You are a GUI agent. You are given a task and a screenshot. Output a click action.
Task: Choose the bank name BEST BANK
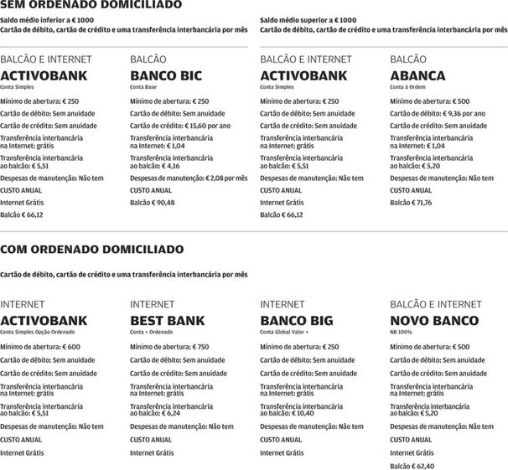click(x=168, y=320)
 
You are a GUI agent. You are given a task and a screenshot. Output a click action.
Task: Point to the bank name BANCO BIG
click(x=296, y=320)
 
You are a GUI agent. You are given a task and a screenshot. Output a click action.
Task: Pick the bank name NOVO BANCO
click(x=434, y=320)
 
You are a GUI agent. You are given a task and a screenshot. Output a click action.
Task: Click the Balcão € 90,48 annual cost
click(x=152, y=202)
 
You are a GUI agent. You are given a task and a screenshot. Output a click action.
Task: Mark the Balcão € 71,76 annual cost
click(x=412, y=202)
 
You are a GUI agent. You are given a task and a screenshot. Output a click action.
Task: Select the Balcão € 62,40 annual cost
click(x=412, y=466)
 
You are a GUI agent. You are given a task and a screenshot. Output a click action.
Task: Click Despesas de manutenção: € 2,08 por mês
click(x=189, y=178)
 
